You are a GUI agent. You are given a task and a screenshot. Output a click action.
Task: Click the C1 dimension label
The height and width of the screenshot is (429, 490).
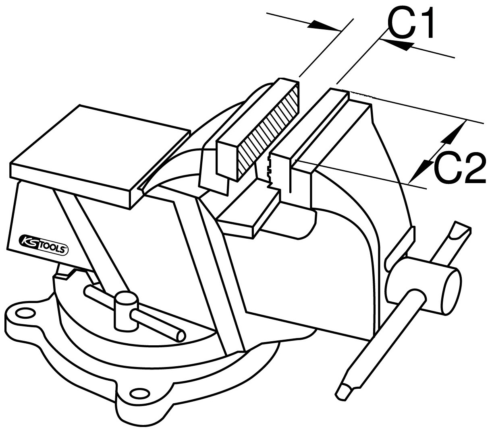point(410,23)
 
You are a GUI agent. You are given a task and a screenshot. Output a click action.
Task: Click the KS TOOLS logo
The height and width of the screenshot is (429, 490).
point(43,245)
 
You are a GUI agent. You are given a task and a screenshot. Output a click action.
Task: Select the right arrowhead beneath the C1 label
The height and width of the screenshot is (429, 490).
point(394,46)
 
